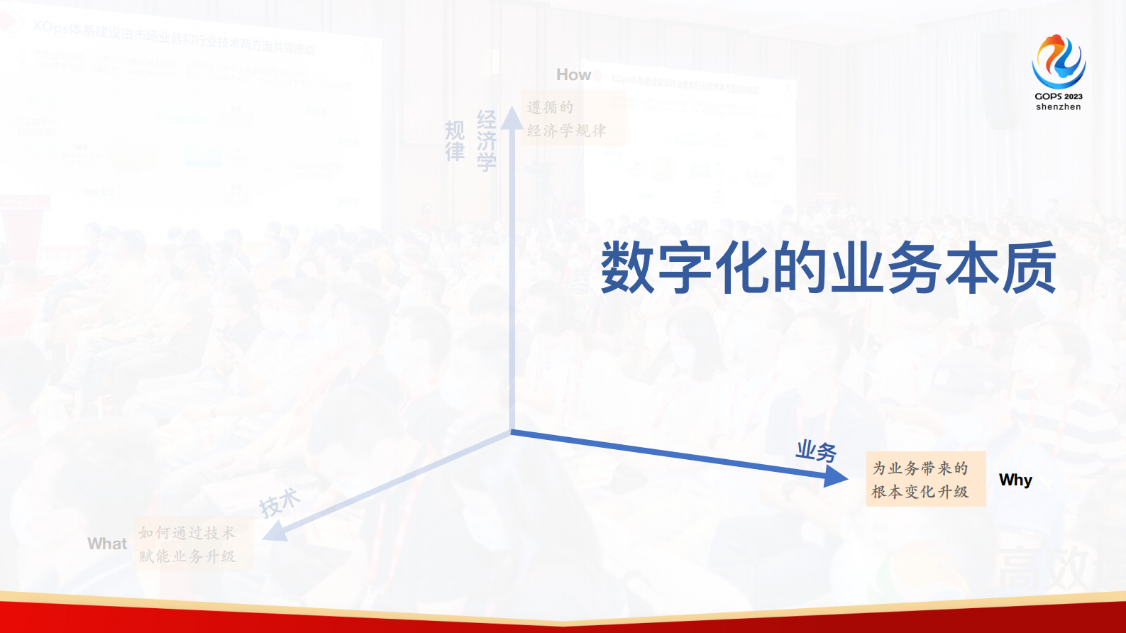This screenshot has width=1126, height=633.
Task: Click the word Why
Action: (1015, 480)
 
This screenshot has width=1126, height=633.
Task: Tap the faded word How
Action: (573, 75)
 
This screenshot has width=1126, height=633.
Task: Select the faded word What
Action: (107, 544)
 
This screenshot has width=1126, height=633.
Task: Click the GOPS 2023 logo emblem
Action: (1058, 62)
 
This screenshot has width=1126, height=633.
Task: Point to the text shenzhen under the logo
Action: (1058, 107)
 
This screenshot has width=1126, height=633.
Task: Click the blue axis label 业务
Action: (816, 451)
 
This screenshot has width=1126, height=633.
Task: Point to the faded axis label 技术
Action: (279, 502)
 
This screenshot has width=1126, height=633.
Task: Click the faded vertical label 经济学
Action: (486, 141)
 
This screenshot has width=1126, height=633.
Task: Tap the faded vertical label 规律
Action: (455, 141)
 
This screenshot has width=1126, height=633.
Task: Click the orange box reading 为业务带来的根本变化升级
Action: (925, 479)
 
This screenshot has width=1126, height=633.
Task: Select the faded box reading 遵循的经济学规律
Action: (573, 119)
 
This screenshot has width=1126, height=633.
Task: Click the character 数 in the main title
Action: (628, 268)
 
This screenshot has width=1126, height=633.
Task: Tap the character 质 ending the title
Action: (1030, 268)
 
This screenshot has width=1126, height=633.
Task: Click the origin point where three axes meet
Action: (511, 431)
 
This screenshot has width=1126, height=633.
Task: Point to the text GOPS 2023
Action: (1058, 96)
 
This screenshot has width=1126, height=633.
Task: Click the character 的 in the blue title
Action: (800, 268)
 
